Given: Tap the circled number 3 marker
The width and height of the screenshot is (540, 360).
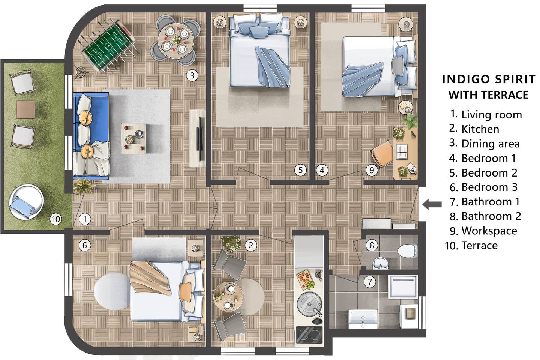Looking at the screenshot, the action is click(x=192, y=76).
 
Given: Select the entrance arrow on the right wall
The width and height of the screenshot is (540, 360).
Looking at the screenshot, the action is click(x=432, y=204).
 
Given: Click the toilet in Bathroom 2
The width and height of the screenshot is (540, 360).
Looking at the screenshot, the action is click(x=407, y=251).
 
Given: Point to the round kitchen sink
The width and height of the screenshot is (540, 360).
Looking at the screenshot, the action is click(x=309, y=304).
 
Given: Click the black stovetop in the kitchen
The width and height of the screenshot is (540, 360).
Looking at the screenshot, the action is click(x=309, y=334).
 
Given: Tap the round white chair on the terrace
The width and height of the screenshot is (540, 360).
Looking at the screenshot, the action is click(x=26, y=202).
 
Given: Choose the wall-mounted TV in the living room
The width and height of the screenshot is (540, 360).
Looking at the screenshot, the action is click(x=199, y=139).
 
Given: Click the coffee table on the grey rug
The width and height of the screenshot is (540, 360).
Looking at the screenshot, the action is click(x=133, y=139).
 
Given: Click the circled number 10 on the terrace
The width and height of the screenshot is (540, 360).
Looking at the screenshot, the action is click(x=55, y=219).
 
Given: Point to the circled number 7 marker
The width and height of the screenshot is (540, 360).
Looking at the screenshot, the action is click(x=370, y=282).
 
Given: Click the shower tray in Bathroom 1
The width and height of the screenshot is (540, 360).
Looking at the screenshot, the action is click(x=403, y=287).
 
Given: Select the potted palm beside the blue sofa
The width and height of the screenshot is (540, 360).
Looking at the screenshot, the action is click(x=83, y=186).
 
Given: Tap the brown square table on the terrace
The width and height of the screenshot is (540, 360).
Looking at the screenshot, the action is click(x=25, y=109).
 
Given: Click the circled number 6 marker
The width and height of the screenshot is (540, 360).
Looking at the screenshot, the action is click(x=85, y=245).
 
